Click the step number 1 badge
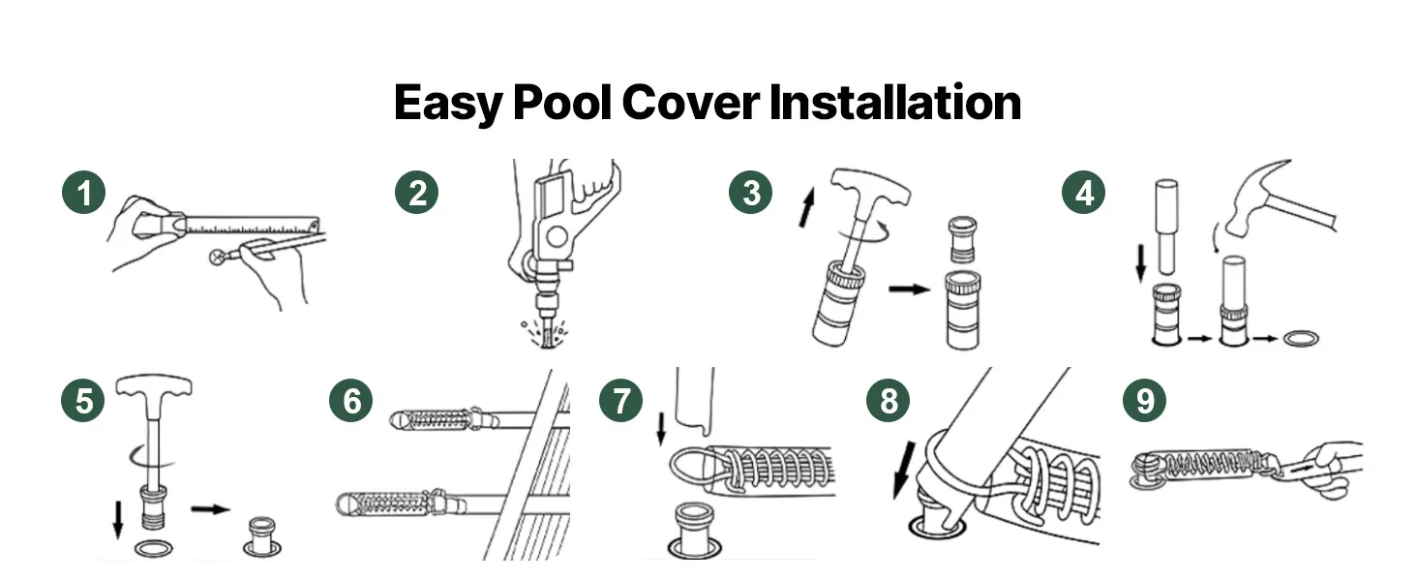click(x=83, y=193)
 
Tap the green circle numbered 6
click(x=351, y=401)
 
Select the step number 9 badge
click(x=1145, y=401)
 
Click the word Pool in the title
click(x=561, y=103)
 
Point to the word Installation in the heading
click(x=895, y=103)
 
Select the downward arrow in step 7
click(x=661, y=428)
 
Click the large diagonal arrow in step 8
click(x=905, y=471)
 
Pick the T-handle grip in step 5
click(x=154, y=387)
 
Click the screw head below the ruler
click(x=218, y=257)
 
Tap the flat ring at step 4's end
click(x=1301, y=339)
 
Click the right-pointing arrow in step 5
click(x=211, y=508)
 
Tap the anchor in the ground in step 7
click(x=695, y=531)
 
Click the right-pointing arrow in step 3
click(x=909, y=290)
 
